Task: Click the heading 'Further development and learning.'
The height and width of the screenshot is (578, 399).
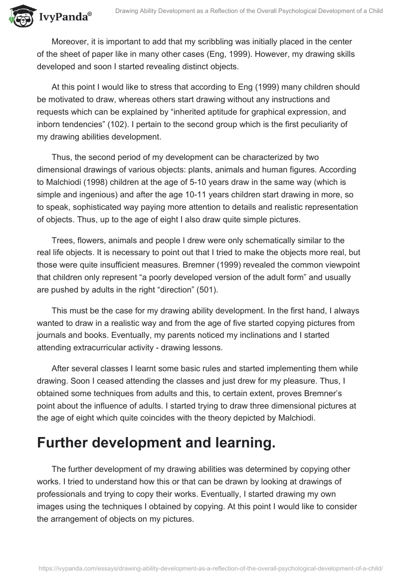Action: (x=156, y=444)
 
